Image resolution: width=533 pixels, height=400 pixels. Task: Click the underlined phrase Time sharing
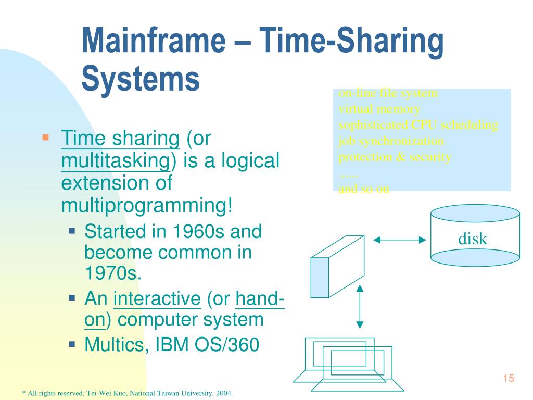(120, 139)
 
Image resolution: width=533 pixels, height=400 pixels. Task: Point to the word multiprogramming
(146, 206)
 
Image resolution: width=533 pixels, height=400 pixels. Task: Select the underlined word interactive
(157, 299)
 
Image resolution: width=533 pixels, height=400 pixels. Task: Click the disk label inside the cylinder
(473, 239)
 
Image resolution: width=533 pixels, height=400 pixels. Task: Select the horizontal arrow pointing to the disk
(400, 240)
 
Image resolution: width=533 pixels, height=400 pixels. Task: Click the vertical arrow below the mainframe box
(359, 306)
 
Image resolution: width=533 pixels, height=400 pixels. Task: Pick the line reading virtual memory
(379, 109)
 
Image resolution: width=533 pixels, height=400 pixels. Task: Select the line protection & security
(395, 157)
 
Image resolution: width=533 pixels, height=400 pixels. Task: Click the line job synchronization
(391, 141)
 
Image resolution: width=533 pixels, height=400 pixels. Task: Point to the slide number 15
(509, 378)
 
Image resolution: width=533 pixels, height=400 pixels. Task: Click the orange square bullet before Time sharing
(45, 137)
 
